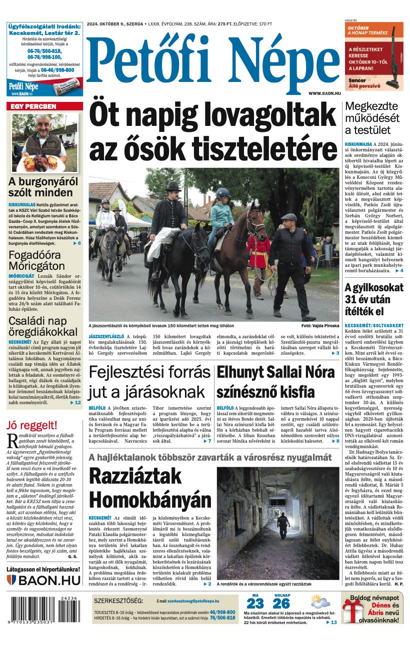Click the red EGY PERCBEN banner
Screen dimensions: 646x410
(x=44, y=106)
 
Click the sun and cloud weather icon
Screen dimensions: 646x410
(x=319, y=601)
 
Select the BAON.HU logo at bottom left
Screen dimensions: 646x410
(x=44, y=580)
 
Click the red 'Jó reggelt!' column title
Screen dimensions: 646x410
(x=32, y=426)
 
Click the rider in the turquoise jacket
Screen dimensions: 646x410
(x=221, y=215)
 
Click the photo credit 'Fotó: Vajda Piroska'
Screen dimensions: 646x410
(x=320, y=326)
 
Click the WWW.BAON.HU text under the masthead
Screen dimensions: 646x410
(x=324, y=93)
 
